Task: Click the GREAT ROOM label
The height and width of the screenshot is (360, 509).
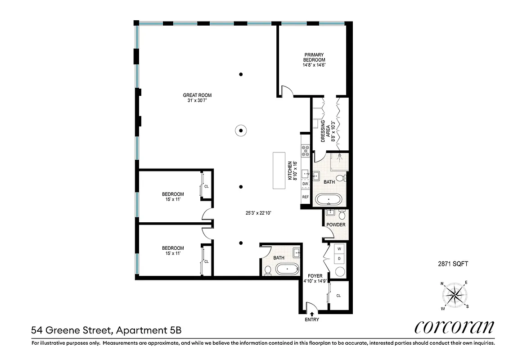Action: tap(197, 95)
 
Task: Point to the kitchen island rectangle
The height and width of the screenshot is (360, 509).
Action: tap(279, 171)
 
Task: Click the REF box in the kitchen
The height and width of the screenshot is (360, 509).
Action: tap(305, 197)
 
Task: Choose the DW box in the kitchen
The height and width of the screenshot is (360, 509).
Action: tap(305, 184)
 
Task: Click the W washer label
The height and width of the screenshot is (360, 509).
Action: tap(339, 249)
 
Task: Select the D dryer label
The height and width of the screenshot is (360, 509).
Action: tap(339, 259)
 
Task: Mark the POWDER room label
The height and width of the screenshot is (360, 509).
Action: tap(336, 225)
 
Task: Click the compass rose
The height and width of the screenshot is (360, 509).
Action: tap(455, 295)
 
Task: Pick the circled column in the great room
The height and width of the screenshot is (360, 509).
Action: tap(241, 130)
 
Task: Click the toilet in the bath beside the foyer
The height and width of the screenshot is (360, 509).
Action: tap(267, 270)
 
